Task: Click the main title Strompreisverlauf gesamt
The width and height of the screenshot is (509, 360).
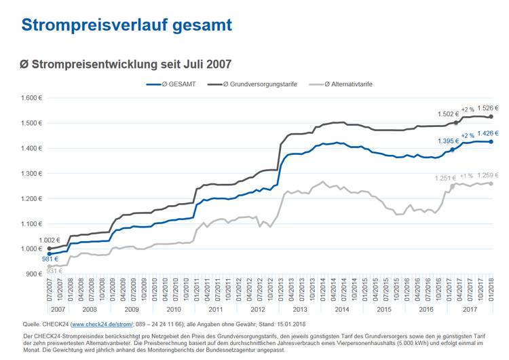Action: coord(126,25)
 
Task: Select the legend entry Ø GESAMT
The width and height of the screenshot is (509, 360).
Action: coord(177,84)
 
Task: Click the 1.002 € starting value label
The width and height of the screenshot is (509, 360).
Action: coord(31,240)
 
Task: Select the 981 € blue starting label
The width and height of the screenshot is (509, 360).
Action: coord(31,258)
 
